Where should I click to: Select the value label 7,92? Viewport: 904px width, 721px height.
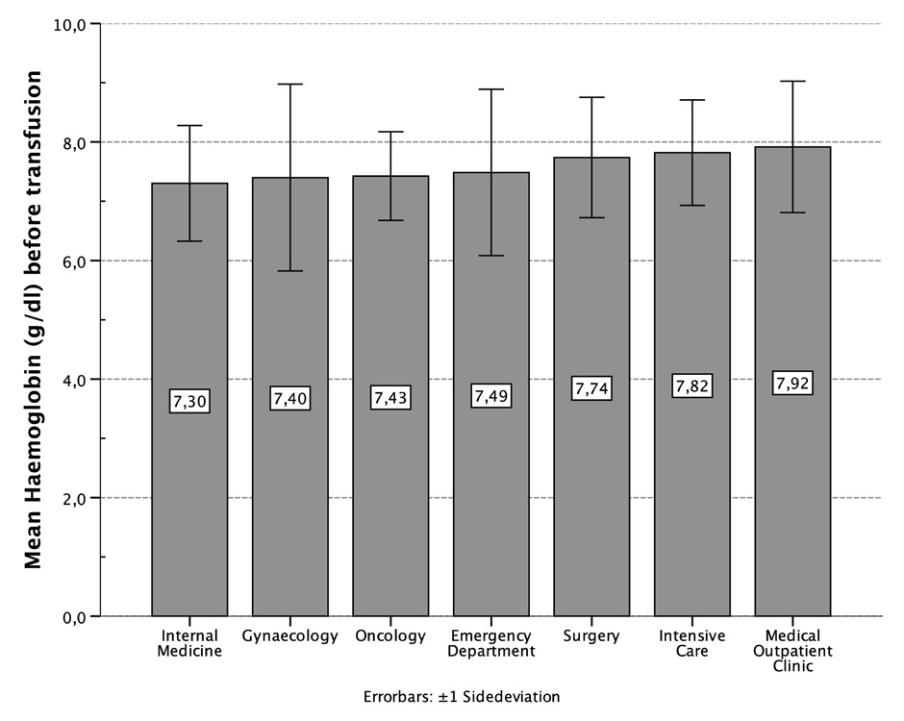point(792,384)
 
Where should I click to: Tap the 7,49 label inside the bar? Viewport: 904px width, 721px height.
point(491,396)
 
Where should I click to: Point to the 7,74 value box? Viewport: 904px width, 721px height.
point(591,388)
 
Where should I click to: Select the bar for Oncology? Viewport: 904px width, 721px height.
point(390,500)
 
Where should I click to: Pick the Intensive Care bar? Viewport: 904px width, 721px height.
point(692,500)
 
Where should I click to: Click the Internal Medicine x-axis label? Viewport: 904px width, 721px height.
point(189,643)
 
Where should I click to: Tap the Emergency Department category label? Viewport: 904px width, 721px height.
point(491,643)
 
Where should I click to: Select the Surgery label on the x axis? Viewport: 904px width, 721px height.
point(591,636)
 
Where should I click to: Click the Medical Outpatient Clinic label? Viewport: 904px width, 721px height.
point(792,651)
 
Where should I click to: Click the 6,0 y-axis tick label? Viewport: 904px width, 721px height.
point(77,261)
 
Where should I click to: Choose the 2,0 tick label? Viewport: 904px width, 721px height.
point(77,498)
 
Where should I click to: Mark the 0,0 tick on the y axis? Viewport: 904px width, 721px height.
point(77,616)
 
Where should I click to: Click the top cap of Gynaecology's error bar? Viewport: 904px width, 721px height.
point(290,85)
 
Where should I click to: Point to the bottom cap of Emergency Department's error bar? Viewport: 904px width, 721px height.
point(491,256)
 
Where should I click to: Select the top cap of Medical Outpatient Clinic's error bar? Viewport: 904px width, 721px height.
point(792,82)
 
